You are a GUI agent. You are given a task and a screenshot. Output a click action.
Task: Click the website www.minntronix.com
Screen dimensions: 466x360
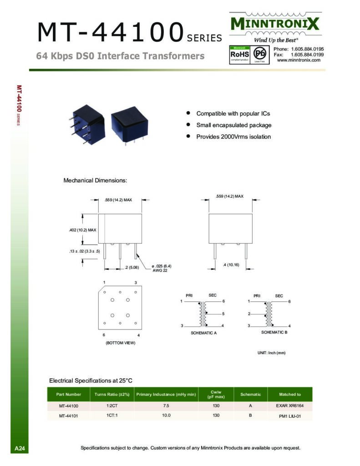[x=299, y=60]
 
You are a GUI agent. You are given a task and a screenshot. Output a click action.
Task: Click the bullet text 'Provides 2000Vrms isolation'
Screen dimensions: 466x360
[x=233, y=137]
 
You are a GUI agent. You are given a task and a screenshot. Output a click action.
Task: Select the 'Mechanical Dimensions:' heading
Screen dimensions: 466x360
[x=95, y=181]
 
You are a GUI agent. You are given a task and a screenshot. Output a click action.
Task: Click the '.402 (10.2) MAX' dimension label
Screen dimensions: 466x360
[x=80, y=230]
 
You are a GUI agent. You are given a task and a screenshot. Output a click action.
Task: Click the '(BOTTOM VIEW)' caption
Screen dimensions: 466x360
[x=120, y=343]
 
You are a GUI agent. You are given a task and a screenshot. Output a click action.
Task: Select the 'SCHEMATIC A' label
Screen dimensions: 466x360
[x=203, y=333]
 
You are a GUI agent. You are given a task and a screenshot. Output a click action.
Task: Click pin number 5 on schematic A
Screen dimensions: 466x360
[x=223, y=314]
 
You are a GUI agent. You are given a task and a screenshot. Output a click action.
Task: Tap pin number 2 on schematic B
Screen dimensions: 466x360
[x=249, y=314]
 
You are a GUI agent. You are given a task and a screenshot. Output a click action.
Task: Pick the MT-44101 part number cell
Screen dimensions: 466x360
[x=69, y=415]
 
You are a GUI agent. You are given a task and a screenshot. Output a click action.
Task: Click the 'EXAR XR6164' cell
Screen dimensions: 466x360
[x=289, y=405]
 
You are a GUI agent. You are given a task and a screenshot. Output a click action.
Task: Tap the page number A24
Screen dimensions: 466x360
[x=20, y=449]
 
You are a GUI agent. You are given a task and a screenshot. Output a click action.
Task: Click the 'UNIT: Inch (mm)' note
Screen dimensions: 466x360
[x=271, y=353]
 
